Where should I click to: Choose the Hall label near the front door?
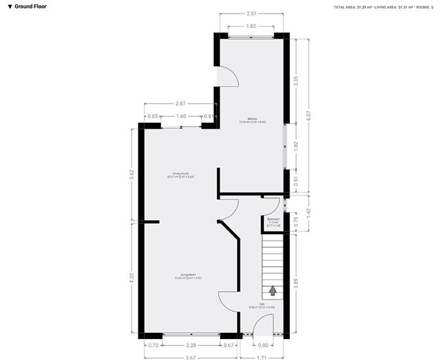coord(271,305)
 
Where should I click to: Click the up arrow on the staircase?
coord(273,290)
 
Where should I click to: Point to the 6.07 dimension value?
coord(308,113)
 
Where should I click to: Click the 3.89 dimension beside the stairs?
coord(296,284)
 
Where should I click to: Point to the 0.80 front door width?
coord(265,346)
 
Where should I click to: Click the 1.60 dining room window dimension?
coord(181,116)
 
